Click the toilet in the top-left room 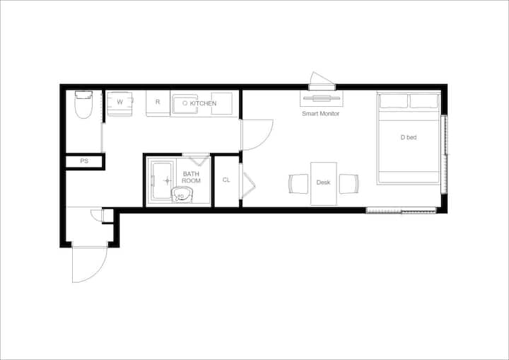tap(83, 104)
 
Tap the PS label tap(84, 161)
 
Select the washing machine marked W tap(119, 104)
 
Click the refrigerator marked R tap(158, 103)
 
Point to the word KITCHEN tap(203, 103)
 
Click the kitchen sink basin tap(185, 104)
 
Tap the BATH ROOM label tap(191, 178)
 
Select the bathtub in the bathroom tap(162, 180)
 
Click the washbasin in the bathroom tap(182, 195)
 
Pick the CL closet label tap(226, 180)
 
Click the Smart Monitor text tap(321, 113)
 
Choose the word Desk tap(323, 182)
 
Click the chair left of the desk tap(298, 184)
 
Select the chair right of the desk tap(349, 184)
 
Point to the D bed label tap(409, 137)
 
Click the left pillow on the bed tap(394, 100)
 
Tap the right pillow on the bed tap(424, 100)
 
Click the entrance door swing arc tap(98, 272)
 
